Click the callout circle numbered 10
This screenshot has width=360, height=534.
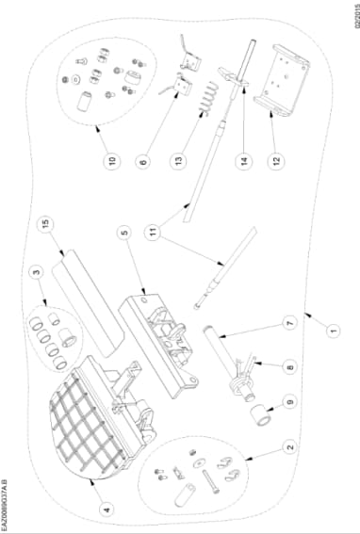point(112,161)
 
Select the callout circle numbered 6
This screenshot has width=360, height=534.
point(143,161)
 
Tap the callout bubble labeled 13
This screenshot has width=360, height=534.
point(179,160)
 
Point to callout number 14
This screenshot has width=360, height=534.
point(244,161)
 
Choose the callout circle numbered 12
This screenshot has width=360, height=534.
point(276,160)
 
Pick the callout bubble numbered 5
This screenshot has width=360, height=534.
point(124,233)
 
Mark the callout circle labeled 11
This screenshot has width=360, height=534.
point(154,233)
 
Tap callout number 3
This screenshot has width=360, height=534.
point(37,272)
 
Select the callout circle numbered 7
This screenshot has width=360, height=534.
point(289,323)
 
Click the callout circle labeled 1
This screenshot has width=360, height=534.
point(334,330)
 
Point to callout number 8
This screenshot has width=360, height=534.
point(290,367)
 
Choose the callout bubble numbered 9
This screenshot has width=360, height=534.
point(290,402)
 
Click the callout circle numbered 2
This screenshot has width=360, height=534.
point(290,446)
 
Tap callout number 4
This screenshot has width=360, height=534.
point(107,510)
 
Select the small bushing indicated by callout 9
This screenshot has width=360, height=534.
point(261,414)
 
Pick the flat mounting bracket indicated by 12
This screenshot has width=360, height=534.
point(282,80)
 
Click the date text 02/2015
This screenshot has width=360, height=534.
point(356,14)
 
